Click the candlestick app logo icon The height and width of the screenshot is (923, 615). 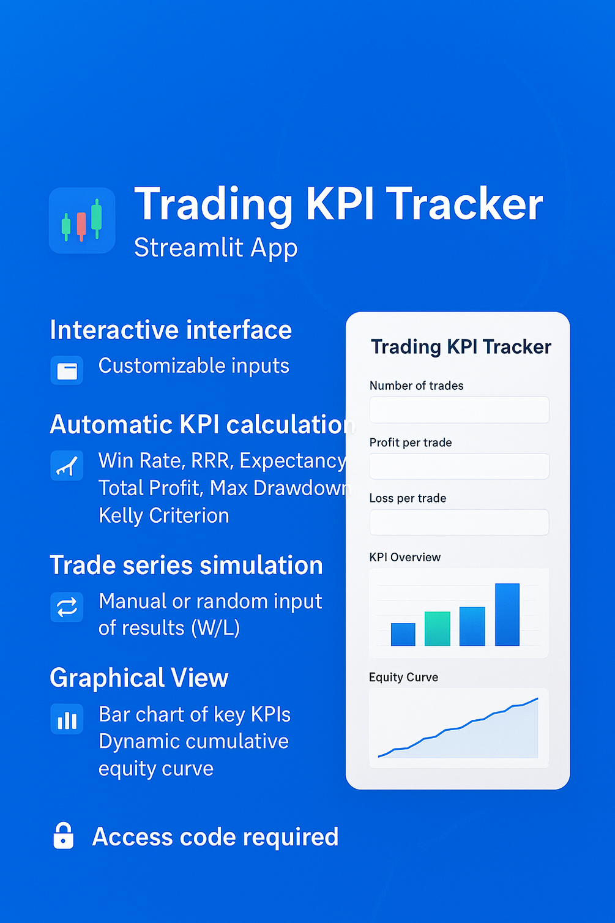click(82, 220)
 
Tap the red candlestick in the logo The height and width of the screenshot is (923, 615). click(81, 226)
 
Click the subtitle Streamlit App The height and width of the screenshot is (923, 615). click(216, 248)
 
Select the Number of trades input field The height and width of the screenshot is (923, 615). click(460, 409)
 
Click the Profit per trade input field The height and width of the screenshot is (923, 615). click(460, 466)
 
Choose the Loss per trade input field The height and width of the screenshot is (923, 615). click(460, 522)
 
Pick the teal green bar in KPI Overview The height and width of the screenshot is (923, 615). click(438, 629)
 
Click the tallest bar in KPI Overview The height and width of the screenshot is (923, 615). click(507, 615)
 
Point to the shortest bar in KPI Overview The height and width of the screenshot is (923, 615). click(403, 634)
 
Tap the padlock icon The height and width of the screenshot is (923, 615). click(64, 836)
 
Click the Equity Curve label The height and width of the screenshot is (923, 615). click(403, 677)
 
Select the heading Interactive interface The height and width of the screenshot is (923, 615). click(171, 330)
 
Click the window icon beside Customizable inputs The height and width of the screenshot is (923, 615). click(67, 370)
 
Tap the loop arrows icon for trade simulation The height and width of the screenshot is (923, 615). click(67, 607)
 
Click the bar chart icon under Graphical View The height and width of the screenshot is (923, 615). click(67, 719)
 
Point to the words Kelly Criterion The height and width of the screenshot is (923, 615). click(164, 516)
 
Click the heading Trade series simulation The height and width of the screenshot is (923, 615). click(186, 565)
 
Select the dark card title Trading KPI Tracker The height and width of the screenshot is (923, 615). click(461, 347)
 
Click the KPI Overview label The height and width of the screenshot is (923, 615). click(405, 557)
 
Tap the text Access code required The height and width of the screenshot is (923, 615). click(215, 837)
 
